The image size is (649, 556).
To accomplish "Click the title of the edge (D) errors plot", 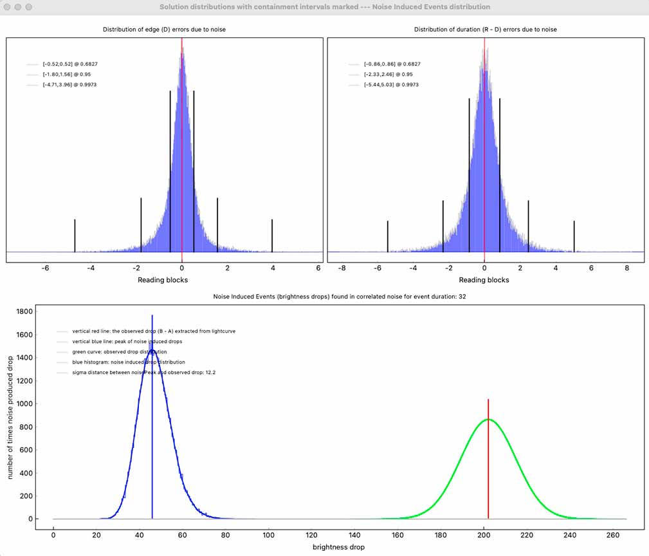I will tap(165, 30).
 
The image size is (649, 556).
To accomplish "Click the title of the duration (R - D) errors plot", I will tap(486, 30).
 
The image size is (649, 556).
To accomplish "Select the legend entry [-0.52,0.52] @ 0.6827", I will tap(70, 64).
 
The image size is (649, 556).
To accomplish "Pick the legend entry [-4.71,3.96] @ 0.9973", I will tap(69, 84).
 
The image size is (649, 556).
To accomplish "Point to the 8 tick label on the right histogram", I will tap(627, 268).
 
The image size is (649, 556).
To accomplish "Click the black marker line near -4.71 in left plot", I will tap(75, 236).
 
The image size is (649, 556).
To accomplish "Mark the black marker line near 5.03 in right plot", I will tap(574, 236).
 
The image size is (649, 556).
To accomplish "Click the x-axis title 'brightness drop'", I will tap(338, 547).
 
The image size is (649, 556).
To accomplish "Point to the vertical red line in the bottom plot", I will tap(488, 463).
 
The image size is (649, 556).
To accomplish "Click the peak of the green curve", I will tap(489, 420).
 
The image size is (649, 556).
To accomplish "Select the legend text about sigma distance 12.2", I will tap(139, 373).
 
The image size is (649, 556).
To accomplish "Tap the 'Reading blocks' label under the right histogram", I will tap(484, 280).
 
